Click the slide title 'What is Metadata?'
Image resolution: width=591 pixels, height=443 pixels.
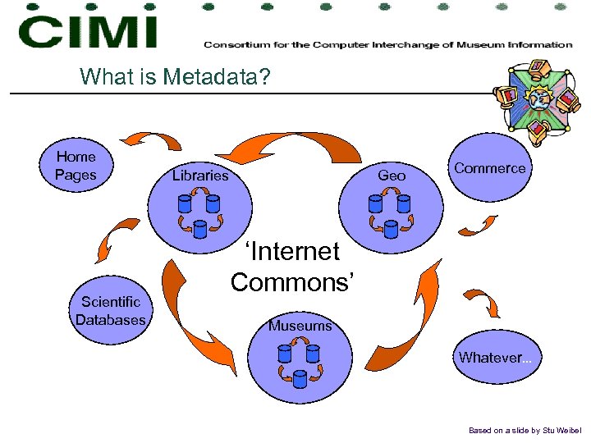point(174,77)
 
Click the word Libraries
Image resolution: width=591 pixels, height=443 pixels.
point(200,176)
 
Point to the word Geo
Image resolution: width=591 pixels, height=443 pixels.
point(392,176)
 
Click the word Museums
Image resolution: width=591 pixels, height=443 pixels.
point(300,327)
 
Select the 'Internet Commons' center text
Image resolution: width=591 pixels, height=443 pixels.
point(293,266)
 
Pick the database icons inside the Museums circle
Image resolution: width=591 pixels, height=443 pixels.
point(299,364)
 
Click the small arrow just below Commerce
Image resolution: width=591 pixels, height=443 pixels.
point(478,226)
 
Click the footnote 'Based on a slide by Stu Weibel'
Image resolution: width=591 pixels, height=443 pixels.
point(524,430)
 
